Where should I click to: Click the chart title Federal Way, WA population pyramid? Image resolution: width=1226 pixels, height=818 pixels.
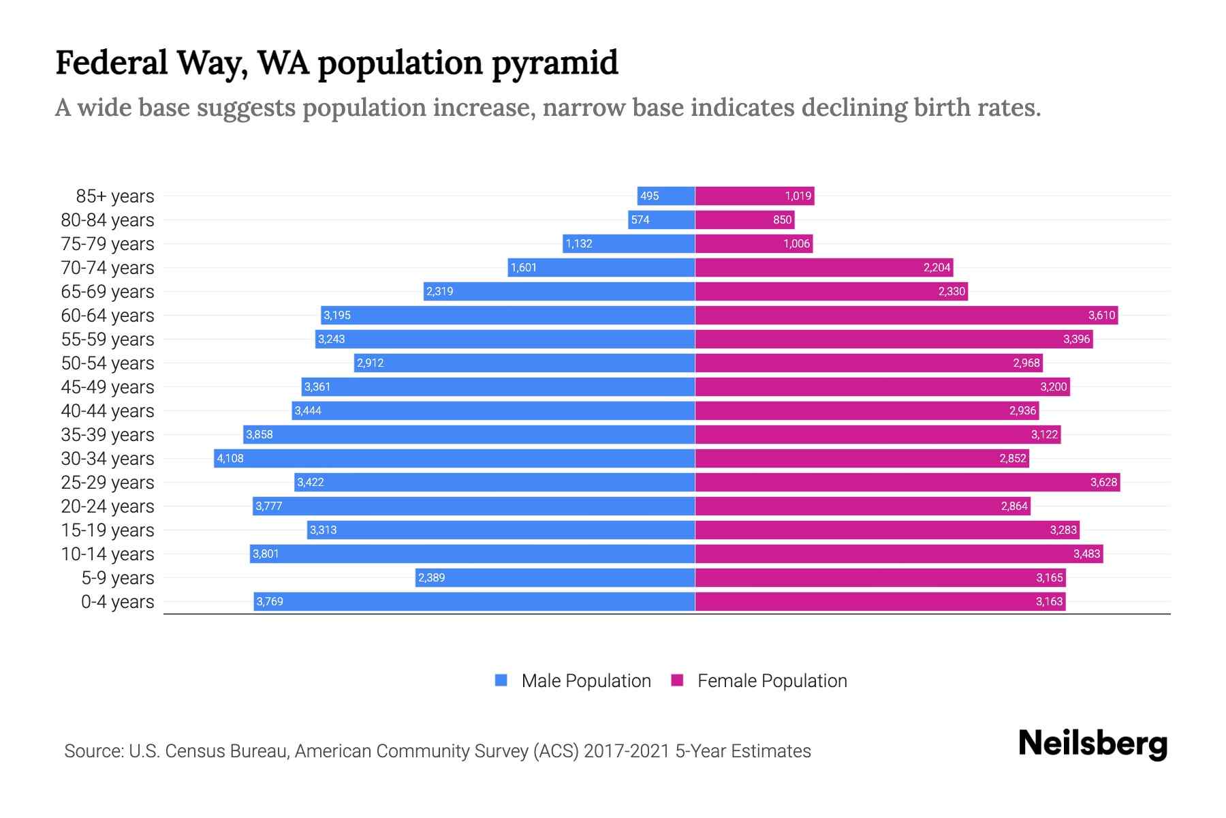coord(336,63)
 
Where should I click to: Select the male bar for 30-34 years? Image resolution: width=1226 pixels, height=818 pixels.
coord(454,458)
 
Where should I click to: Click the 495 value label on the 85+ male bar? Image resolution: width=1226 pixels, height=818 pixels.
coord(649,196)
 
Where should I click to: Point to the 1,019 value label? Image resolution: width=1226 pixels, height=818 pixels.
coord(798,196)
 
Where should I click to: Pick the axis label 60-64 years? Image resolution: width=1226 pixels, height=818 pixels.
coord(108,316)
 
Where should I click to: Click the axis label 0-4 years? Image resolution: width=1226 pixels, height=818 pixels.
coord(117,602)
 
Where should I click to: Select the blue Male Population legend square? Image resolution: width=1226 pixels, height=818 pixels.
coord(501,680)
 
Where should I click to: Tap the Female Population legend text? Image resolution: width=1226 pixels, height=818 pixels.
coord(772,681)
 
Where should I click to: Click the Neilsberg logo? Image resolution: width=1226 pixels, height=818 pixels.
coord(1093,744)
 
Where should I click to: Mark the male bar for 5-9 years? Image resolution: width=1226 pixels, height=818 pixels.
coord(555,577)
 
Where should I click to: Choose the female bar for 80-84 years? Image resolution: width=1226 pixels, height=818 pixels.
coord(744,219)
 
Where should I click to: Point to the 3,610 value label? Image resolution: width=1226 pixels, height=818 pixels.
coord(1101,316)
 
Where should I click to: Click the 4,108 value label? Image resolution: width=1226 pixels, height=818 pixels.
coord(230,458)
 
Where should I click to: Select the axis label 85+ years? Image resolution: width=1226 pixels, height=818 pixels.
coord(114,196)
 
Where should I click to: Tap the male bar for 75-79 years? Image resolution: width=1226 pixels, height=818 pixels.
coord(629,243)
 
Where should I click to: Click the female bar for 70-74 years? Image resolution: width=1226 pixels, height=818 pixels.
coord(824,267)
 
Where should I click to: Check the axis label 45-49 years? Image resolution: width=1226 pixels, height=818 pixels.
coord(108,387)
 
